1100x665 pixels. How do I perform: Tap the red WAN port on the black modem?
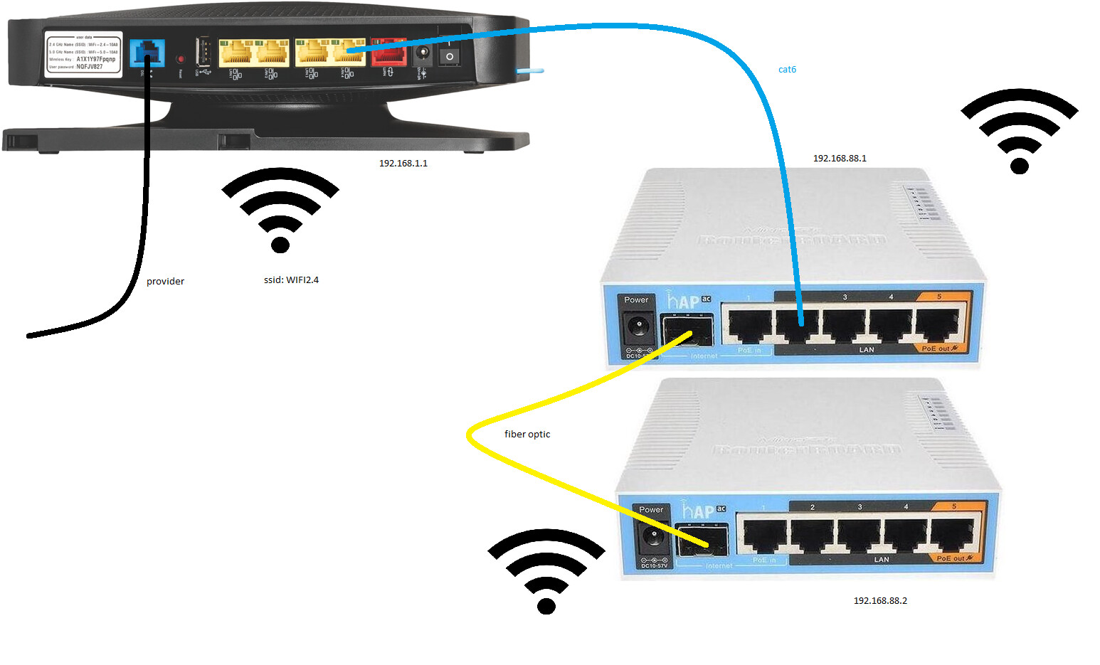click(388, 52)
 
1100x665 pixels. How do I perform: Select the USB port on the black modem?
click(203, 52)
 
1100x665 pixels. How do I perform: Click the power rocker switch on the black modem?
click(449, 53)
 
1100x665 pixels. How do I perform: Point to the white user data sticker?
click(83, 53)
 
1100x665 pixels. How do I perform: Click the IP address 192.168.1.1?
click(403, 164)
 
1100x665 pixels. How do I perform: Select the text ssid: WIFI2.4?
click(291, 280)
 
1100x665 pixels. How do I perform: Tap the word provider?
click(165, 282)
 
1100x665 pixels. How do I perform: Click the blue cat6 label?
click(787, 70)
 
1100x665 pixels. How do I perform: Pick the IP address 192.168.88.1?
click(840, 159)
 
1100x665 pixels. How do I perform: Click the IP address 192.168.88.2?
click(880, 601)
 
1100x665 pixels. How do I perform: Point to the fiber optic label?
click(527, 435)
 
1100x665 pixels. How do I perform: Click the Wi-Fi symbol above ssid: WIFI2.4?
click(280, 210)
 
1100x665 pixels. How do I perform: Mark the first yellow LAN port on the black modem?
click(237, 53)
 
